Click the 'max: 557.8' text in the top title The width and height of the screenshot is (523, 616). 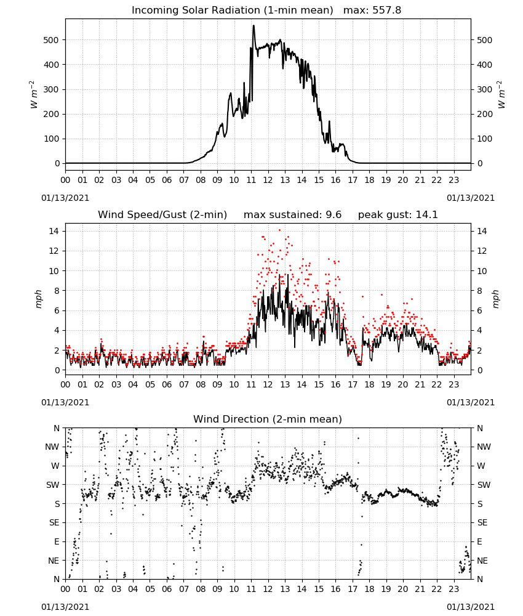coord(372,10)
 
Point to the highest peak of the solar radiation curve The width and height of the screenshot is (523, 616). coord(254,25)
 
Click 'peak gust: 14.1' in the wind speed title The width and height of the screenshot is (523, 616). coord(397,214)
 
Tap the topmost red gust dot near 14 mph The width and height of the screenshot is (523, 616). coord(279,230)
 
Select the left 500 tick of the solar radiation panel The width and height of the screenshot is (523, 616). coord(52,40)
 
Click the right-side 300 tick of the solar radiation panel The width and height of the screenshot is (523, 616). coord(484,89)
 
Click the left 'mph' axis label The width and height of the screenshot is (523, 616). coord(38,299)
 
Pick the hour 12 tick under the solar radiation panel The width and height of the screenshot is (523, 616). coord(268,180)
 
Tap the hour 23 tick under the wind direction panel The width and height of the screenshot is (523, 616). coord(453,589)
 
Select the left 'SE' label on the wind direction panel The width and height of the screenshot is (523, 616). coord(54,522)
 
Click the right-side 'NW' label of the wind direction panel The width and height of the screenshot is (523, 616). coord(484,447)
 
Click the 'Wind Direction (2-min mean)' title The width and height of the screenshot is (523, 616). coord(268,419)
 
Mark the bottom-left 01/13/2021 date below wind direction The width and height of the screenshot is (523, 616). coord(65,607)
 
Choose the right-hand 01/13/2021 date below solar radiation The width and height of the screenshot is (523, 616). coord(471,198)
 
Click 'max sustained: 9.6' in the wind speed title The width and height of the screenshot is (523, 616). coord(292,214)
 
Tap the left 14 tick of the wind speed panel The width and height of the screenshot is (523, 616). coord(54,231)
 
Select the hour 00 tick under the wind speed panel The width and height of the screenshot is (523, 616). coord(65,384)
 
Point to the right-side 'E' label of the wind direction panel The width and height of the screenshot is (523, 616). coord(479,541)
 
